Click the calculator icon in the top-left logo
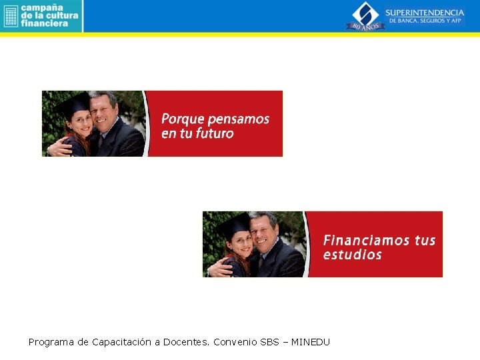coord(10,16)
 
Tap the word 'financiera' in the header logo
coord(45,23)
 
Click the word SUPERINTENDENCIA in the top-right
coord(425,13)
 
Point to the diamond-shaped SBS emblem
coord(365,13)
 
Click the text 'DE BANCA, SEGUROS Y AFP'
coord(425,21)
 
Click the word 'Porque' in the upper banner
coord(183,119)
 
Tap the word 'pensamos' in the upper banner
coord(239,119)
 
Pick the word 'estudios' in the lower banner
coord(353,255)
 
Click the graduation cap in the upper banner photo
coord(73,103)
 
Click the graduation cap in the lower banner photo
coord(234,223)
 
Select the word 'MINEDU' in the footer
coord(311,342)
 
